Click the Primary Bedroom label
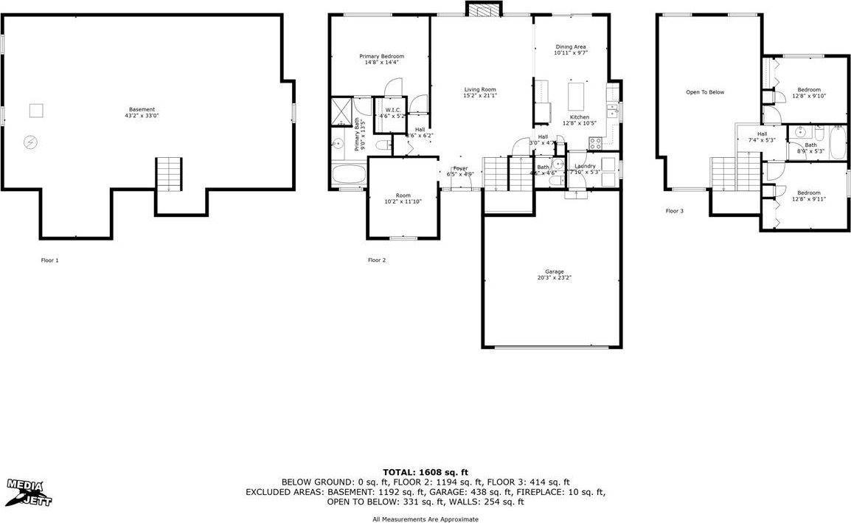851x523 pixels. (x=381, y=59)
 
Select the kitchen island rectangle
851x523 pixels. (x=577, y=95)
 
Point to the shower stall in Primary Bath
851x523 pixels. (x=341, y=113)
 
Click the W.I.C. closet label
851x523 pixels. (x=392, y=113)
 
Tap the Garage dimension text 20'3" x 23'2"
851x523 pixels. (x=554, y=278)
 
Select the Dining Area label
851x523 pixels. (x=570, y=49)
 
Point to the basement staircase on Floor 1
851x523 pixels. (x=169, y=174)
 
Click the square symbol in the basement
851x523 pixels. (x=36, y=111)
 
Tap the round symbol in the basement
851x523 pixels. (x=31, y=141)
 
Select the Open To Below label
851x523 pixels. (x=705, y=92)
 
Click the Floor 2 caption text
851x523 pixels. (x=377, y=260)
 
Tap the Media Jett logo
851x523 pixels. (x=29, y=492)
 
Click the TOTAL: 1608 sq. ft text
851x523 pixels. (x=425, y=472)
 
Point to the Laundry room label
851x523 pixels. (x=585, y=168)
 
